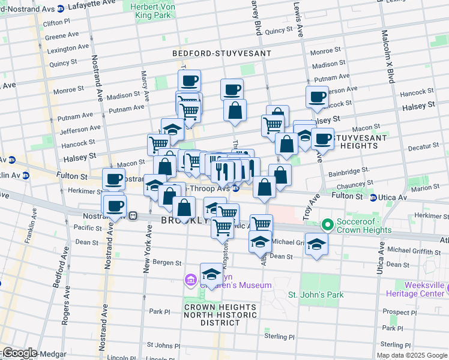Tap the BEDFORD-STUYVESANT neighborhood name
click(221, 53)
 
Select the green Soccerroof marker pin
click(327, 226)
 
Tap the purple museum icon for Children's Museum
click(191, 280)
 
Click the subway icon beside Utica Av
click(373, 197)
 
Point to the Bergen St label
click(170, 263)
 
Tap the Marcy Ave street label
click(144, 84)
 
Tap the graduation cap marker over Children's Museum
click(211, 274)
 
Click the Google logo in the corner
click(20, 353)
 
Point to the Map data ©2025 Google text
click(411, 355)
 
